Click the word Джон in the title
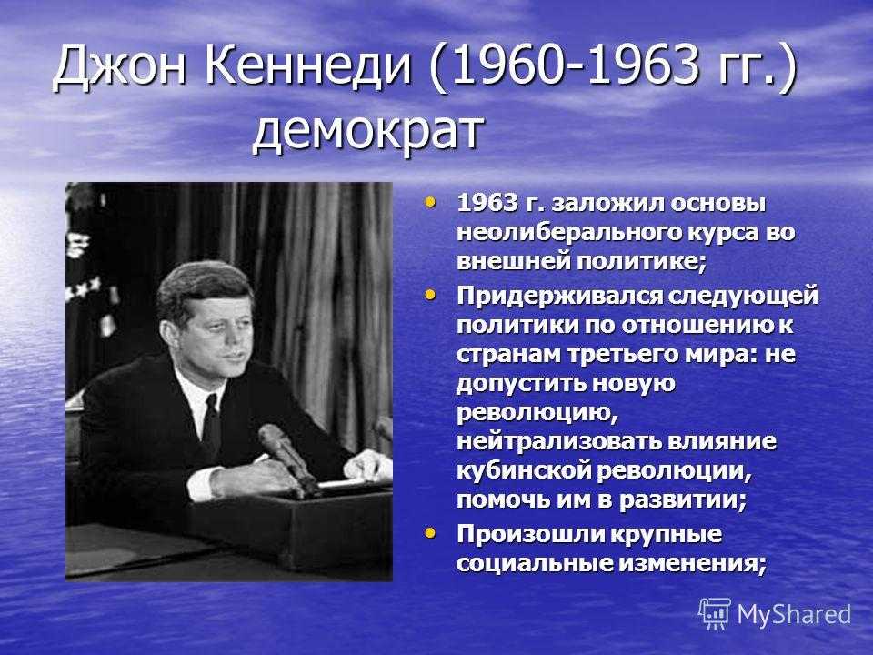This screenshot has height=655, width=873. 120,66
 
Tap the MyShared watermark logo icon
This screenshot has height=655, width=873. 715,614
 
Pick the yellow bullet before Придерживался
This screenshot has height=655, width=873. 430,294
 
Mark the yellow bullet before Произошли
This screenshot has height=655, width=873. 430,533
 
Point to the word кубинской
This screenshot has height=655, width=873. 523,470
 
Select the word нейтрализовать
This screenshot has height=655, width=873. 559,441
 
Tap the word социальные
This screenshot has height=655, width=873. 534,563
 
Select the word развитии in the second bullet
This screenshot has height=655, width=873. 683,500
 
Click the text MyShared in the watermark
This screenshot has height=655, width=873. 795,614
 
